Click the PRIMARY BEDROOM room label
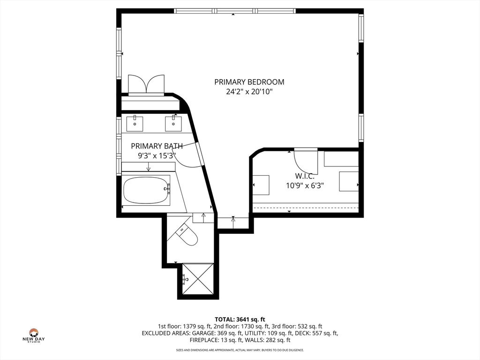pos(249,82)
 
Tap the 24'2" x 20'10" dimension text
pos(249,91)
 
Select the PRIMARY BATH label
pos(157,146)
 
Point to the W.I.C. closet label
pos(305,176)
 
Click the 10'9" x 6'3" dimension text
pos(305,186)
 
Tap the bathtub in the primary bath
pos(147,190)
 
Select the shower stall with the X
pos(198,278)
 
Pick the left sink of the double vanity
pos(135,124)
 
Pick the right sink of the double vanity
pos(173,124)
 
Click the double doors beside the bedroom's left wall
pos(146,84)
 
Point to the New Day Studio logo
pos(34,335)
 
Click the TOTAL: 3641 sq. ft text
pos(240,320)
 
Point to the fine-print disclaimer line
pos(240,350)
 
